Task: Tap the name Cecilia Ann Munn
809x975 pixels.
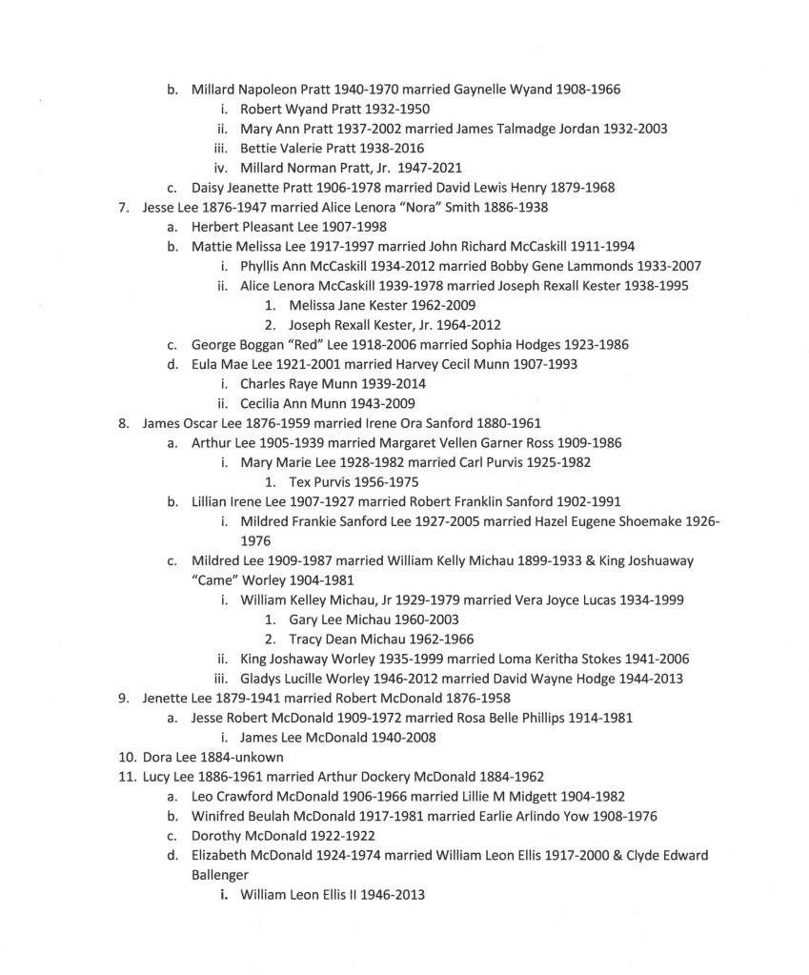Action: pyautogui.click(x=297, y=403)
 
